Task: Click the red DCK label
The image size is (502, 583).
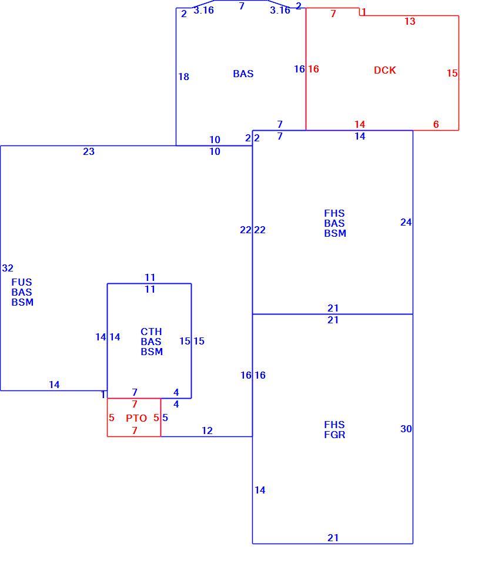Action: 385,70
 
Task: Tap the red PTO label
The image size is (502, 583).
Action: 136,418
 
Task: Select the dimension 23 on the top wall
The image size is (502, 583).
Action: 89,152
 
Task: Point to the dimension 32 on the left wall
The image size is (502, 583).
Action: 8,268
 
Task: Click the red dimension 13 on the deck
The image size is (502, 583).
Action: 410,22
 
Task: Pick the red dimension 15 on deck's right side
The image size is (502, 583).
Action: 452,73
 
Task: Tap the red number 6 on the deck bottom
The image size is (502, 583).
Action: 436,125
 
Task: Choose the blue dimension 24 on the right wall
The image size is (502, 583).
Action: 406,223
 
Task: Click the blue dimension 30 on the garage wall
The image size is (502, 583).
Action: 406,429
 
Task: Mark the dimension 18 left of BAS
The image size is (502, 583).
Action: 183,77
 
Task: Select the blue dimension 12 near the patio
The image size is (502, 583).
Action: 207,431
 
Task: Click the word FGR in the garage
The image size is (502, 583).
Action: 334,435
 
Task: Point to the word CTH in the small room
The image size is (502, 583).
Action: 151,332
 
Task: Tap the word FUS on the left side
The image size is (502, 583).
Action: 22,282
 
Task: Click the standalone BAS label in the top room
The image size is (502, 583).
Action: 243,74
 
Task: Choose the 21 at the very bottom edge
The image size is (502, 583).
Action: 333,538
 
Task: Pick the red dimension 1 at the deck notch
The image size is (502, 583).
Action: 364,12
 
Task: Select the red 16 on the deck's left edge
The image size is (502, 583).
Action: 313,69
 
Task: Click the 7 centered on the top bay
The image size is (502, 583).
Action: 242,6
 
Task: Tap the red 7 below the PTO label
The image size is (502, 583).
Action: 135,430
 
